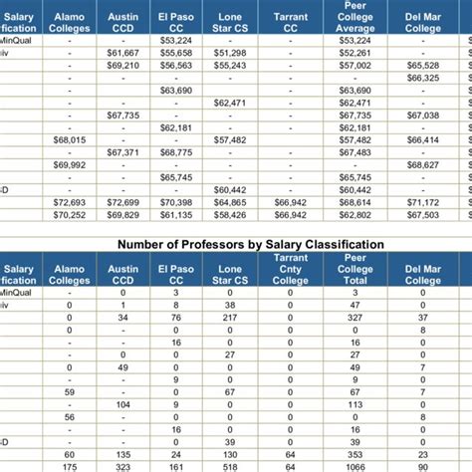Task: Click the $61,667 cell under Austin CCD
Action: (123, 52)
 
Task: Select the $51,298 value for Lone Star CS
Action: (230, 52)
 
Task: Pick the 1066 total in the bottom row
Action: (354, 465)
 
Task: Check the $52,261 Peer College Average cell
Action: (354, 52)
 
